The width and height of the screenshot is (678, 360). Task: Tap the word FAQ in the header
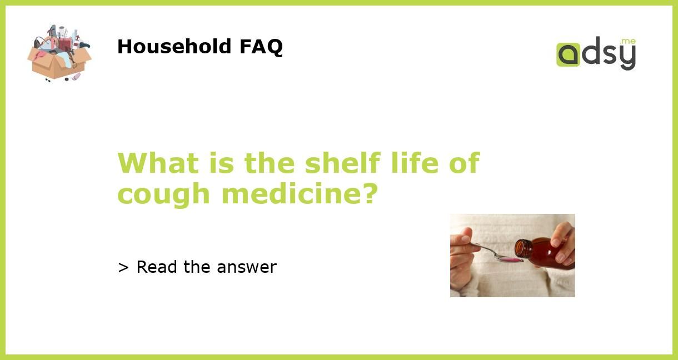261,47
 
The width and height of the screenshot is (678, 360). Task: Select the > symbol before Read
123,268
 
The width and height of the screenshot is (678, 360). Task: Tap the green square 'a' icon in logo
568,54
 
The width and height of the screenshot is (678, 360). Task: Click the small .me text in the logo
628,42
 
